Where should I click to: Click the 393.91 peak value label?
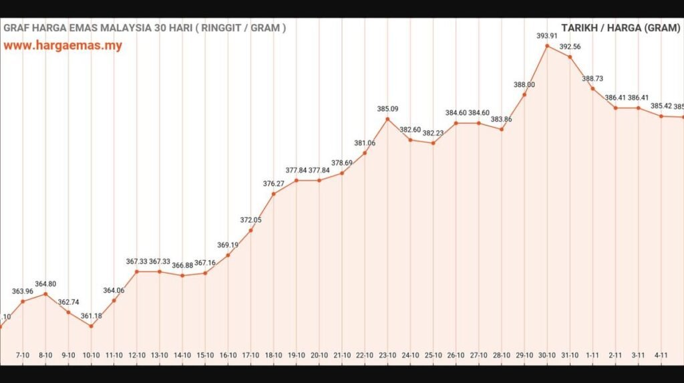coord(547,36)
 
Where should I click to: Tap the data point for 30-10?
coord(547,46)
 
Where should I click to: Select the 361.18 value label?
coord(91,316)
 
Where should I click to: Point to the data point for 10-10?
coord(91,326)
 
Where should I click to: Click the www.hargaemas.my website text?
coord(63,46)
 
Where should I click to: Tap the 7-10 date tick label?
coord(23,355)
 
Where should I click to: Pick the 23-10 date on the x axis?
coord(387,355)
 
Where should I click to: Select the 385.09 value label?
coord(387,109)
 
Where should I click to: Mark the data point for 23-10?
coord(387,119)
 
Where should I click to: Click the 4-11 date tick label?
coord(661,355)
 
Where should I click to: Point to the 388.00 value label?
coord(524,85)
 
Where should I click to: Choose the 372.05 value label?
coord(250,220)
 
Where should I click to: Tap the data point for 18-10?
coord(273,194)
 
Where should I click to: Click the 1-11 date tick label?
coord(592,355)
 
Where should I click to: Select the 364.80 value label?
coord(45,284)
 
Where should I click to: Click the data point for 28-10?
coord(502,129)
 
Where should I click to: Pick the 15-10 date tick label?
coord(205,355)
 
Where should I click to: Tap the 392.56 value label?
coord(570,47)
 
